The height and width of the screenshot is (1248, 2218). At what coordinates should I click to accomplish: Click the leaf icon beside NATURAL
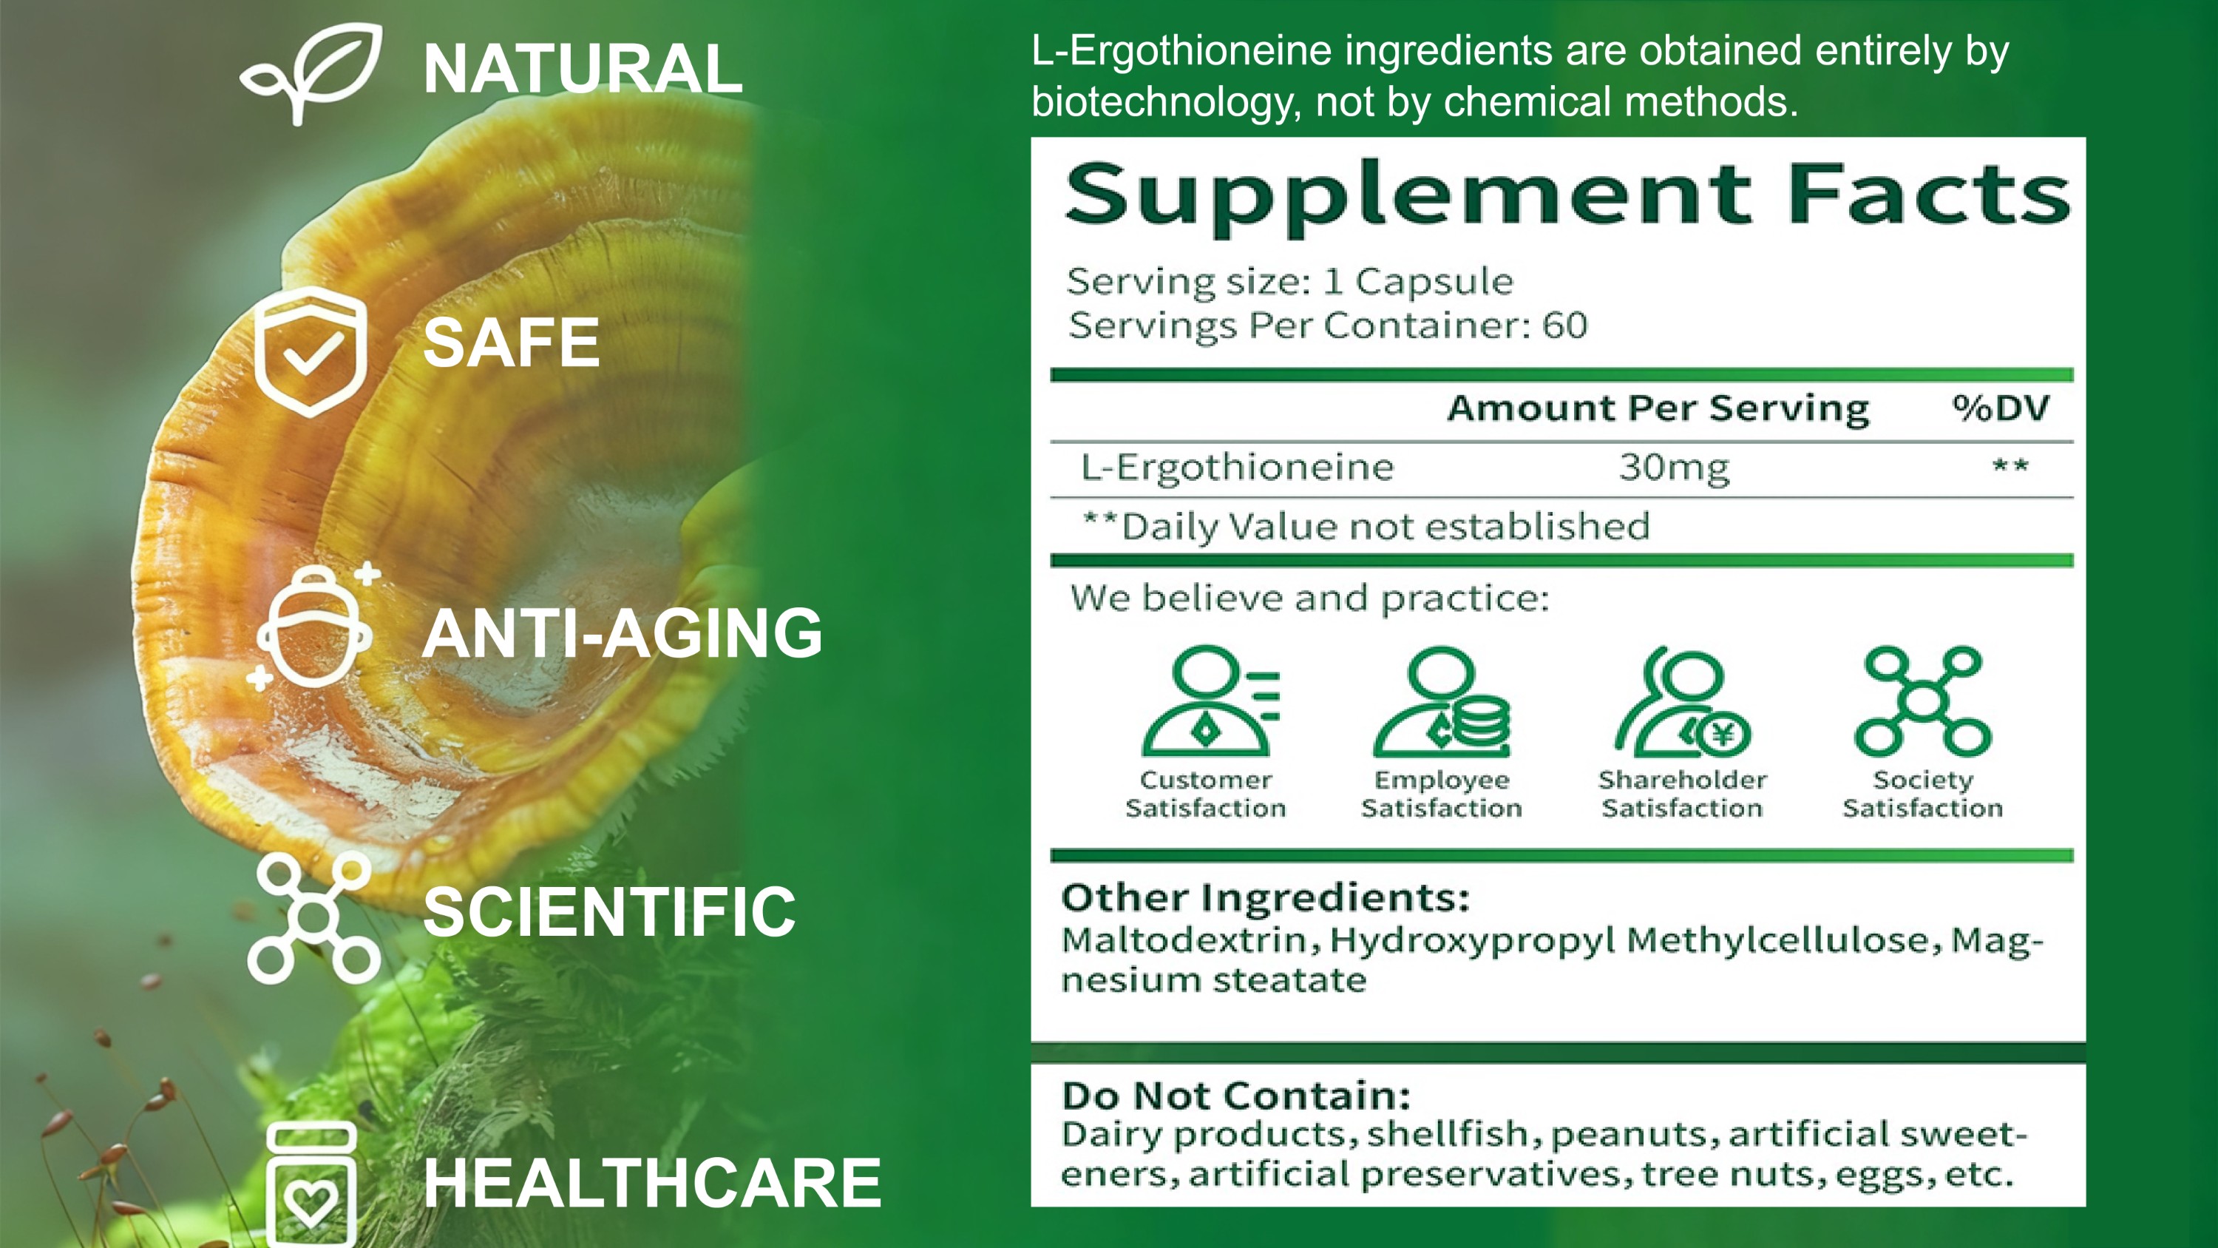[x=312, y=73]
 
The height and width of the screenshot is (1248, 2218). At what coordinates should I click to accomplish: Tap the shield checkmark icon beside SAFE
[x=311, y=352]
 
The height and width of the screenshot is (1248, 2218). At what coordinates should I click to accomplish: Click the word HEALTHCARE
[x=652, y=1183]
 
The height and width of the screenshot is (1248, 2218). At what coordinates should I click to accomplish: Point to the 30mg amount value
[x=1674, y=468]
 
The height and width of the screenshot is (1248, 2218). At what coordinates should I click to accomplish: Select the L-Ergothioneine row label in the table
[x=1238, y=467]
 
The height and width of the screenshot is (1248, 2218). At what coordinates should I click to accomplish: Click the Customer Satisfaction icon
[x=1210, y=701]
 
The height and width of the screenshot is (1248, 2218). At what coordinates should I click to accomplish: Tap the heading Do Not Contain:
[x=1236, y=1096]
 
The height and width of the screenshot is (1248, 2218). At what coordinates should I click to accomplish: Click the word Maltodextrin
[x=1184, y=940]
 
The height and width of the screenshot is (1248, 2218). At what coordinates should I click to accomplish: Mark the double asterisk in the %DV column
[x=2010, y=465]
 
